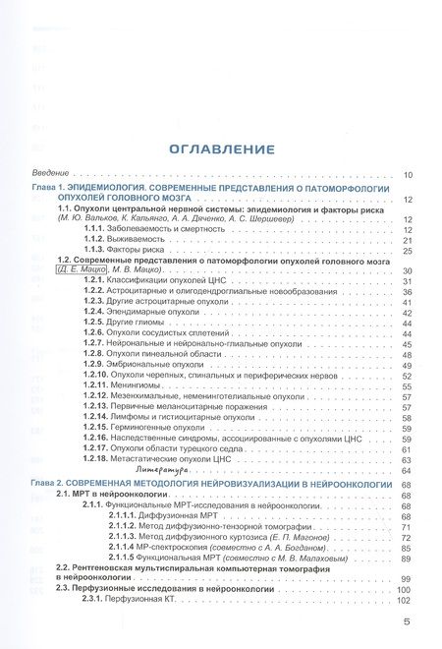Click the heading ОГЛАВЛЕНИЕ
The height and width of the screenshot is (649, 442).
click(x=220, y=150)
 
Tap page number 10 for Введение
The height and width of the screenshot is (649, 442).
click(x=408, y=175)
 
